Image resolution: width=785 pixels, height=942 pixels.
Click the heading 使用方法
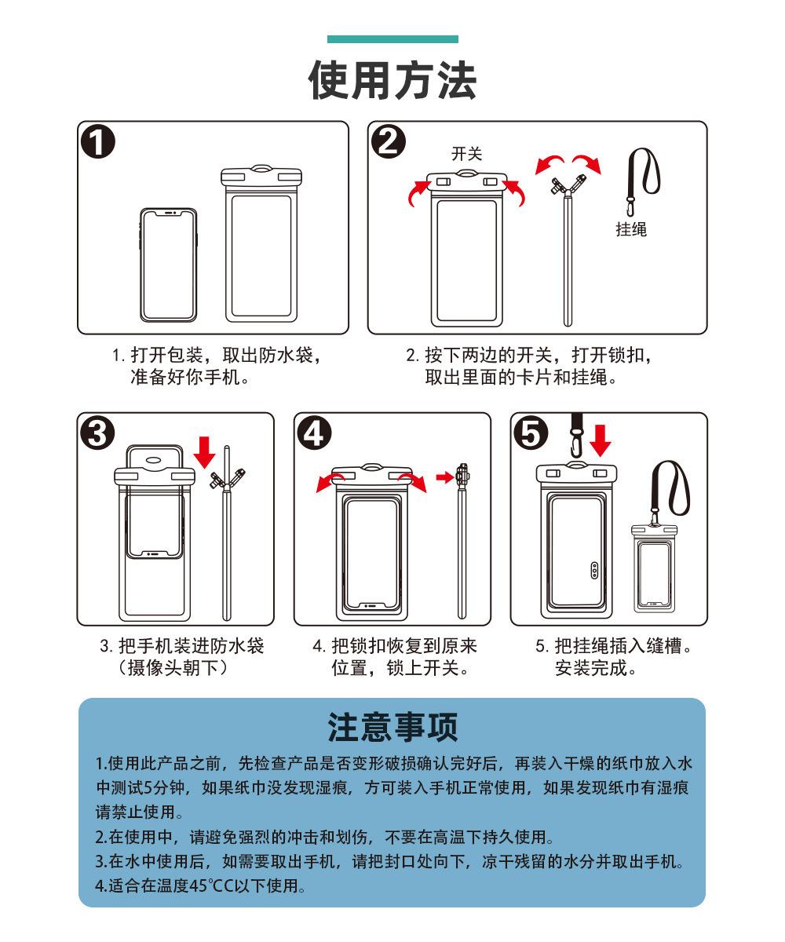[392, 81]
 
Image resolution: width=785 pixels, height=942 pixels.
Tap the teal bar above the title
[392, 39]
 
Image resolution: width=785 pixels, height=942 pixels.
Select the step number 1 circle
[99, 144]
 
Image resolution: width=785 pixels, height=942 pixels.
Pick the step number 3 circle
[97, 434]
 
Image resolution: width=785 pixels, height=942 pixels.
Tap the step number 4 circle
[315, 434]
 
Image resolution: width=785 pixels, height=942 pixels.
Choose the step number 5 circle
[531, 434]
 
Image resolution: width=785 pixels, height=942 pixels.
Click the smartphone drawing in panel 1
[168, 264]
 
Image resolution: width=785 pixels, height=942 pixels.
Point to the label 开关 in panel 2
[466, 154]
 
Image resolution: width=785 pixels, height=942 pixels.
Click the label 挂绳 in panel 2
[631, 229]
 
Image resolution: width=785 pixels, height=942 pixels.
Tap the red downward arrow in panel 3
[205, 451]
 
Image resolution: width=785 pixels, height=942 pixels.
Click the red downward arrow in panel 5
[601, 440]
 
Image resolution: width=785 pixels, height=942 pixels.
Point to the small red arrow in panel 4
[445, 476]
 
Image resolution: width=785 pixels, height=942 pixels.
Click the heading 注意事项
[392, 727]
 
